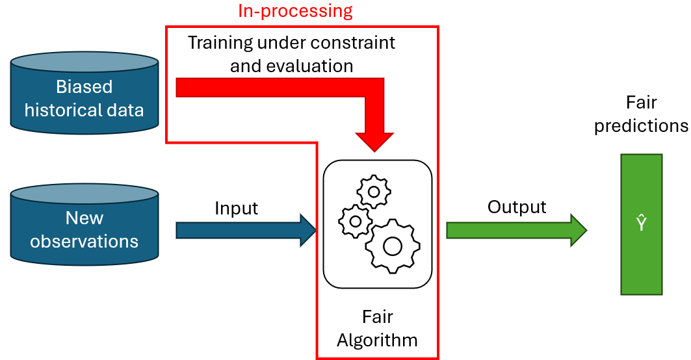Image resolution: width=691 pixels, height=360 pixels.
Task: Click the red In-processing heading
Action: click(296, 10)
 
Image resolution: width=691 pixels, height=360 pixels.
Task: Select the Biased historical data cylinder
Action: click(85, 97)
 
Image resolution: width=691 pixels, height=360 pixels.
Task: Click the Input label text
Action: click(237, 209)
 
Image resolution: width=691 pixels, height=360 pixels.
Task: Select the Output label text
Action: click(517, 207)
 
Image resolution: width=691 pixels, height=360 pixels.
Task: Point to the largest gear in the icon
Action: click(392, 246)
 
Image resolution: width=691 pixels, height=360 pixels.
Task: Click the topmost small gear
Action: click(374, 191)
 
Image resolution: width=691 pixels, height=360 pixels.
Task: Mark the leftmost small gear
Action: click(356, 221)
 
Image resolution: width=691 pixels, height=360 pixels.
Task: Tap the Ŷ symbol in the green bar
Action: click(641, 225)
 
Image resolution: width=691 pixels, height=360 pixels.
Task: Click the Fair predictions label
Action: click(641, 114)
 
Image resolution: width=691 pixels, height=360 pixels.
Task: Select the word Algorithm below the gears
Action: click(377, 340)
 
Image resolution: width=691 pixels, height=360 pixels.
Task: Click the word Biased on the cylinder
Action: click(85, 87)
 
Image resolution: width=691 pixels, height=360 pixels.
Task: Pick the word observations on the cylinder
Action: click(85, 242)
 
